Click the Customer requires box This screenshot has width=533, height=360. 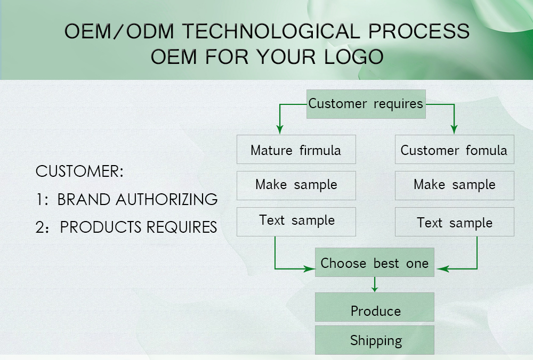(366, 104)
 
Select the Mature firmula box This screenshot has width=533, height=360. (296, 150)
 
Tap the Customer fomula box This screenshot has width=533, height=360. (455, 150)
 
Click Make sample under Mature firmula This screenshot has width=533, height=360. (296, 185)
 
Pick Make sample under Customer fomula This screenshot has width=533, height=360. (455, 185)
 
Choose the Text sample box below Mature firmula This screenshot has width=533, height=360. (296, 222)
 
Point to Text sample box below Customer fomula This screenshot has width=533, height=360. (455, 222)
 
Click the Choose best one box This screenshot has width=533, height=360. (375, 262)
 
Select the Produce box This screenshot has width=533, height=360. (375, 307)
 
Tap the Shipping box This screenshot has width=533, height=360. (375, 340)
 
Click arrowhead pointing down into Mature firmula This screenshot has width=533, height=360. (280, 129)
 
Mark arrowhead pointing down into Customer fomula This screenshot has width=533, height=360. (454, 129)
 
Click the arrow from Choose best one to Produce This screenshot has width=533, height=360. (375, 284)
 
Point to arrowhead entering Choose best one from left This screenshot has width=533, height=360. (309, 269)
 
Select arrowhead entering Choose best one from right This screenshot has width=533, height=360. (442, 269)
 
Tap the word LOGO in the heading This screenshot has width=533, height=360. (354, 56)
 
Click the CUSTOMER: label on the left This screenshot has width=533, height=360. (79, 171)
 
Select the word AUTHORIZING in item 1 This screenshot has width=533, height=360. (166, 199)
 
